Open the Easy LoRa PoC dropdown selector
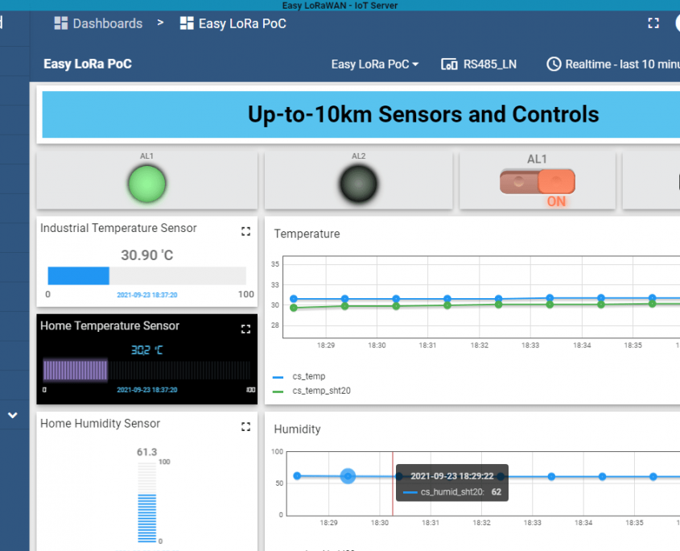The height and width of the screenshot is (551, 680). point(375,64)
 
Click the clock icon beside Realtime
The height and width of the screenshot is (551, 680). point(554,64)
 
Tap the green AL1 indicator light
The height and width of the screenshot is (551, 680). point(147,184)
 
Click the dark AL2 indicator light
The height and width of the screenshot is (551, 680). point(357,184)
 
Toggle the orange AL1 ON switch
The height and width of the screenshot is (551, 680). point(537,182)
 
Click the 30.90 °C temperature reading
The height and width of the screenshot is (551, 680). point(147,255)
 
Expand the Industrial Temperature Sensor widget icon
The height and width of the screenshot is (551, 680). point(246,231)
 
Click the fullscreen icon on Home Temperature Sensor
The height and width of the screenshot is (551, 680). point(246,329)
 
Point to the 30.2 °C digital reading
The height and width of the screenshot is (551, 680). point(147,350)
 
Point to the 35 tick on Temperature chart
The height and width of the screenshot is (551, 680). point(275,264)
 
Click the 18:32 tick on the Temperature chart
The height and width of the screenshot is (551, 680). point(480,345)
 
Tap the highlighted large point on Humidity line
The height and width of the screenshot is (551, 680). point(348,476)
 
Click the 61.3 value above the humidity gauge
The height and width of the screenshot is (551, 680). point(146,452)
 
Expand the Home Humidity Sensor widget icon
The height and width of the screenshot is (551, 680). point(246,426)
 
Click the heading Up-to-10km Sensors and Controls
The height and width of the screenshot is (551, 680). point(423,114)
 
